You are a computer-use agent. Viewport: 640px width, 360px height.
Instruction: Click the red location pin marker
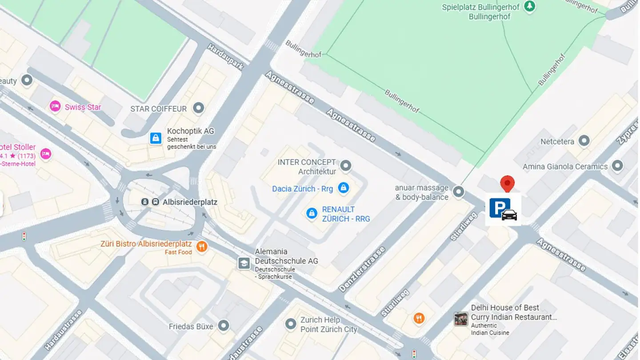point(507,183)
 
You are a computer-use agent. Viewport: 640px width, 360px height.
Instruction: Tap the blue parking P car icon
point(503,209)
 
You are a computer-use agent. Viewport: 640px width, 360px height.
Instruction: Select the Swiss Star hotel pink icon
point(55,107)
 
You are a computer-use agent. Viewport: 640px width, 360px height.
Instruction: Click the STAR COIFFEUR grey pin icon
point(198,108)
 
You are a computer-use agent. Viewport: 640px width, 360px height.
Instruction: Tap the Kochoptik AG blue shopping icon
point(156,138)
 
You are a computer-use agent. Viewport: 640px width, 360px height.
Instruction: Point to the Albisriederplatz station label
point(190,202)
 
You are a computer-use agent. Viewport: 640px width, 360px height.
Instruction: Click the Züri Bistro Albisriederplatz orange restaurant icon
point(202,246)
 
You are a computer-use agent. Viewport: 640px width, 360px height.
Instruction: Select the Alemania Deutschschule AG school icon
point(244,263)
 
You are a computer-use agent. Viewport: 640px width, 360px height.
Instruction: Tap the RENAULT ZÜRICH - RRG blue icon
point(312,213)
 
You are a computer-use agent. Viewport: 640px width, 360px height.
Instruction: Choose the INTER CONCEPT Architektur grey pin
point(345,166)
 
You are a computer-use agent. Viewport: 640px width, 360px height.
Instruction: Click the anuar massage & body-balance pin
point(458,192)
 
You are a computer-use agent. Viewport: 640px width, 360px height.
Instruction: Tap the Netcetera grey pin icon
point(584,141)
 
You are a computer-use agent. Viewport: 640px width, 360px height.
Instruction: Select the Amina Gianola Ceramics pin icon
point(617,166)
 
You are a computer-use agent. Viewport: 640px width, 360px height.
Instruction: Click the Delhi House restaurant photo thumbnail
point(461,319)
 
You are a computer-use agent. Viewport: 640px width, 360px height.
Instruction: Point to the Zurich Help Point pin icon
point(291,324)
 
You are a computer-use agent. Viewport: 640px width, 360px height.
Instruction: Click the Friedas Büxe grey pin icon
point(223,326)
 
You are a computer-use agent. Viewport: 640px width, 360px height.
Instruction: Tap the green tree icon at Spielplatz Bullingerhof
point(529,6)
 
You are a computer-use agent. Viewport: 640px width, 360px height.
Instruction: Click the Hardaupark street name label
point(226,57)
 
